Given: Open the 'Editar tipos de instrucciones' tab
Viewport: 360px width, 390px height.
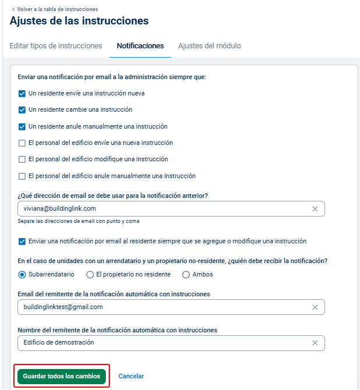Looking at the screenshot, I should tap(56, 46).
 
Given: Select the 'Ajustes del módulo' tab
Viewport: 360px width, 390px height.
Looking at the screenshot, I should tap(209, 46).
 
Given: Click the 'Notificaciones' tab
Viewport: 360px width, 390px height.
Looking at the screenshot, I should tap(140, 46).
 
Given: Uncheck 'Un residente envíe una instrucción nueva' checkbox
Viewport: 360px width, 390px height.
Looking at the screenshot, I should tap(22, 93).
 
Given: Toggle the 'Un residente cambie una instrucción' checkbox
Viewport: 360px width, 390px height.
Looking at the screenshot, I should tap(22, 109).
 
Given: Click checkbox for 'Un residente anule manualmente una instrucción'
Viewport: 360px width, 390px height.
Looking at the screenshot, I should tap(22, 126).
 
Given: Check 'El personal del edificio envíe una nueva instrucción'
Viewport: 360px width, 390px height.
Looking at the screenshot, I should tap(22, 143).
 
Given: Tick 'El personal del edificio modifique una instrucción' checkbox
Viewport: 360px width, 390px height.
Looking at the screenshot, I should tap(22, 159).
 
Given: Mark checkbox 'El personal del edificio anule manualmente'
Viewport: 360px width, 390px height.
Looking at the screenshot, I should tap(22, 176).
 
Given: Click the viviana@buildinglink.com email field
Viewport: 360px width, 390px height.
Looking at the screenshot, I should tap(163, 208).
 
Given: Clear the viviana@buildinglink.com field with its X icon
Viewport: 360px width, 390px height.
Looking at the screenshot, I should tap(315, 209).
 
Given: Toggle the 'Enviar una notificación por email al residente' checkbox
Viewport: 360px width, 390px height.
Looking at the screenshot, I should tap(22, 241).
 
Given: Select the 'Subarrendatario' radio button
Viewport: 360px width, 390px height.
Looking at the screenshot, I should tap(22, 274).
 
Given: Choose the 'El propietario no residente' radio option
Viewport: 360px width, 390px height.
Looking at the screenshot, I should tap(90, 274).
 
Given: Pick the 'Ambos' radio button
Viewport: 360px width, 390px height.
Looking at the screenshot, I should tap(186, 274).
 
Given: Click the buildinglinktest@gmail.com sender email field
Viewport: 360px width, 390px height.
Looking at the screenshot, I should tap(163, 307).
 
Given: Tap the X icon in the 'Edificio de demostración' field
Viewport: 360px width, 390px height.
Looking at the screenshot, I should tap(315, 343).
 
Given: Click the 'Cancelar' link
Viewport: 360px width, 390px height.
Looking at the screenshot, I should tap(131, 376).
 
